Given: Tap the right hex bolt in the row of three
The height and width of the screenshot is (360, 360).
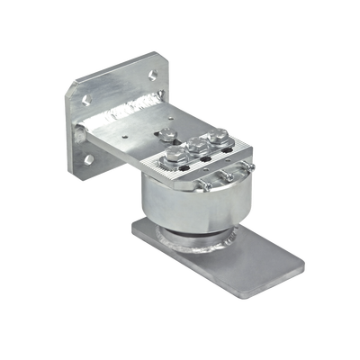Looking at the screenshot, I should pyautogui.click(x=215, y=137).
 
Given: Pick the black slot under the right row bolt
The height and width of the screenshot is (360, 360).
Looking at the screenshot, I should pyautogui.click(x=226, y=149).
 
